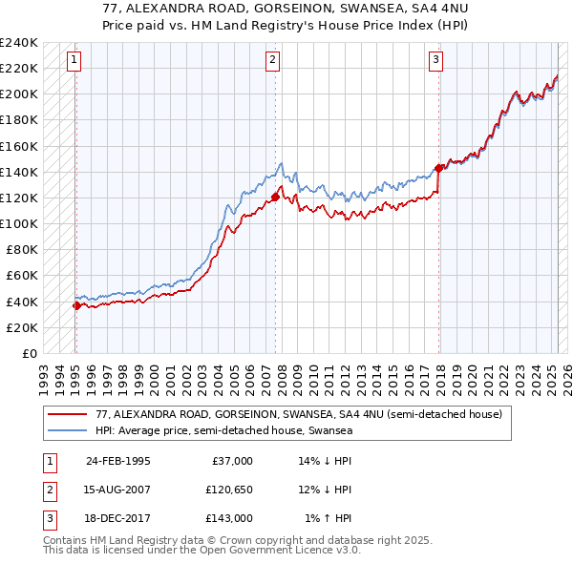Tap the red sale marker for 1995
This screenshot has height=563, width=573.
coord(76,305)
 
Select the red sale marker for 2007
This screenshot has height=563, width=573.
coord(275,198)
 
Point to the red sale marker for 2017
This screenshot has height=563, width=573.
coord(439,168)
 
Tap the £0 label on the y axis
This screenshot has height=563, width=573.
coord(30,353)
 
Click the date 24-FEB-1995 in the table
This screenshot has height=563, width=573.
coord(118,461)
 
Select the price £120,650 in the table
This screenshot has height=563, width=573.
coord(226,490)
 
